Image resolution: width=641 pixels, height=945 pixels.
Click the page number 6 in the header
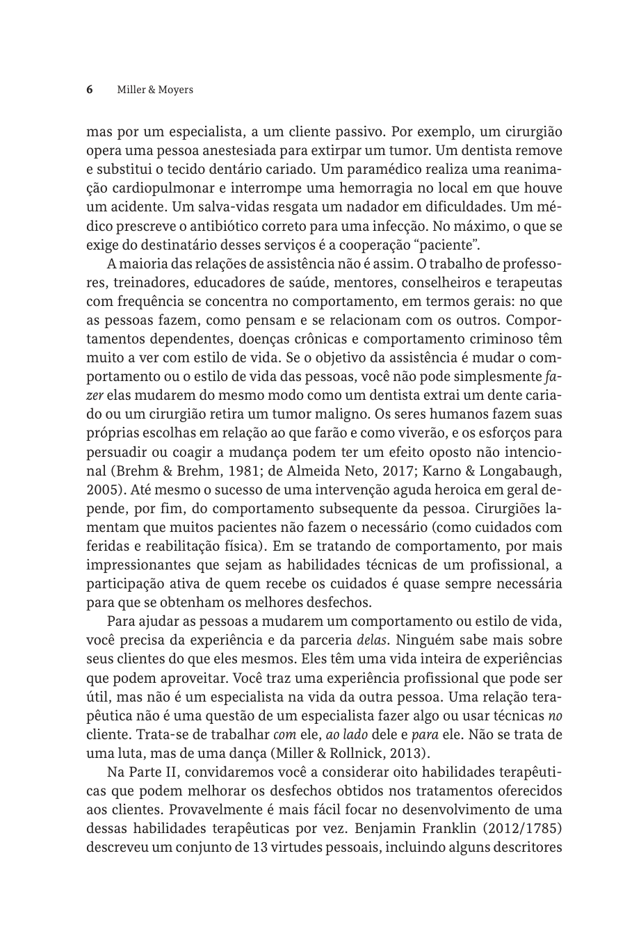pos(90,90)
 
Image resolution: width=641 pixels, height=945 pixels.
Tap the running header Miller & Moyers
pos(155,90)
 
